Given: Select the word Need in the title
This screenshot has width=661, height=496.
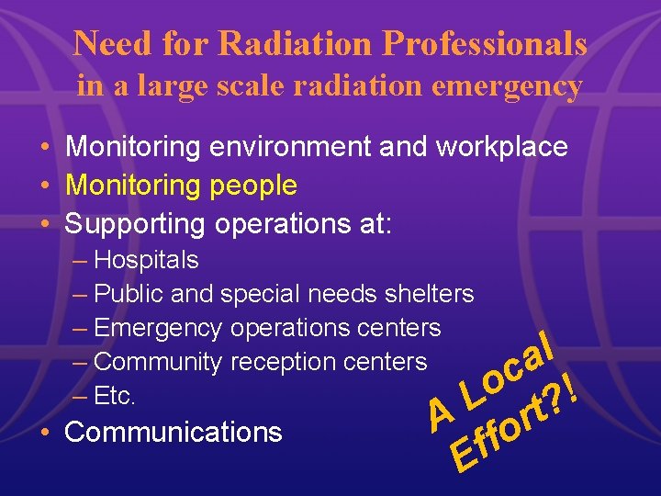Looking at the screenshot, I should coord(111,42).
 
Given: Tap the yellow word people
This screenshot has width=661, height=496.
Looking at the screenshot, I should coord(253,186).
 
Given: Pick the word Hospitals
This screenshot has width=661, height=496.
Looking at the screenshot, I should coord(146,261).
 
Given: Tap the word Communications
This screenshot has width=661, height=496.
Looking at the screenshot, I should coord(174,432).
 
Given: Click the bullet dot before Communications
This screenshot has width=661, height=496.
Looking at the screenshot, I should coord(45,432).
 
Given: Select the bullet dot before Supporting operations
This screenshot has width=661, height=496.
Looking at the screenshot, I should coord(45,224).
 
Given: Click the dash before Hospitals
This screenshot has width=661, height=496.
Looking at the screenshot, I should coord(80,261).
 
